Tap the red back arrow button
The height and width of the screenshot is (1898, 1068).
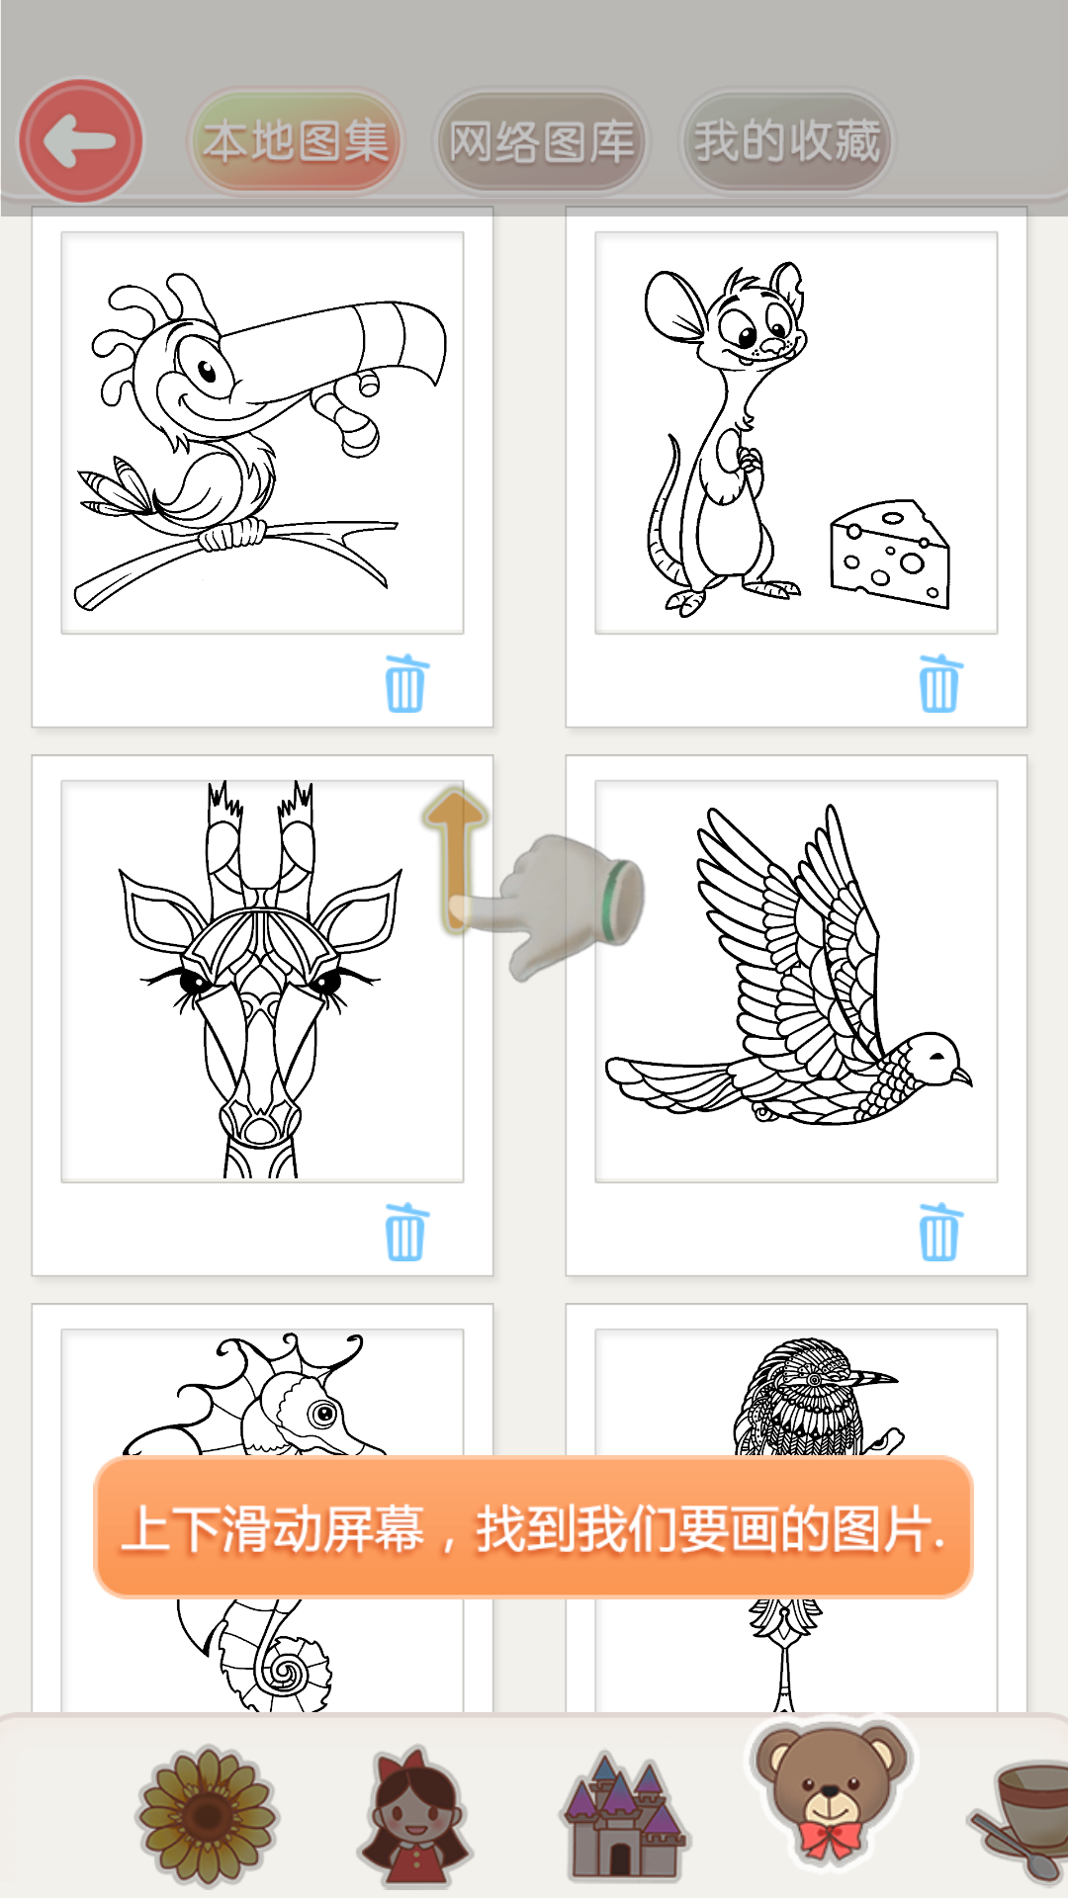point(81,140)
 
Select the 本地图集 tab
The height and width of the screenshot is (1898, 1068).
point(296,141)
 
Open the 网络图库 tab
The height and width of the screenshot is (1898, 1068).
point(541,141)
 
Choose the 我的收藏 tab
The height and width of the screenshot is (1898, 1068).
point(786,141)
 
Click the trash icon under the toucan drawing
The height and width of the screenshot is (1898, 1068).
point(405,683)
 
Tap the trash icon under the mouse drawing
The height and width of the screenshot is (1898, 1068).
point(939,683)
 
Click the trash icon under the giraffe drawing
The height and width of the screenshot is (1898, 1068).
point(405,1232)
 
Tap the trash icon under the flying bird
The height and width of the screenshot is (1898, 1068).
point(939,1232)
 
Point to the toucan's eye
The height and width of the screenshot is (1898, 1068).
point(207,371)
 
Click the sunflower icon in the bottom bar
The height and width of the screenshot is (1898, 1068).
point(208,1815)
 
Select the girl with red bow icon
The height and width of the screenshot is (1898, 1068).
point(414,1815)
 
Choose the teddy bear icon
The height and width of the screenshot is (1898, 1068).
point(832,1790)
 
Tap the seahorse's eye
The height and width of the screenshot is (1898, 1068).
point(322,1414)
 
